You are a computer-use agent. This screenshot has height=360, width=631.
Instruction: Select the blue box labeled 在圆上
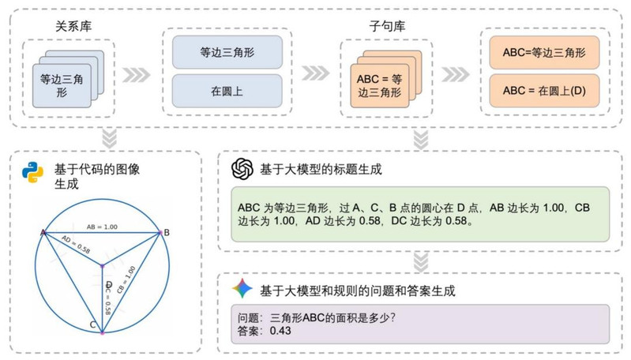(x=227, y=92)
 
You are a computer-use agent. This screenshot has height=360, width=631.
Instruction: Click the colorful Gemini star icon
(x=242, y=291)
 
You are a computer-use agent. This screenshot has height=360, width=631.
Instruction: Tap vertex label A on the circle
(x=43, y=231)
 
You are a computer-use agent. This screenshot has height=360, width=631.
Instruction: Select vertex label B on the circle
(x=166, y=232)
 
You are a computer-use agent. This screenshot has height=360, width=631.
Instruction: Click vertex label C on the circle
(x=93, y=324)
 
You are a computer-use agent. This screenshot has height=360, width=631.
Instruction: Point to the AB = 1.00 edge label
(x=103, y=226)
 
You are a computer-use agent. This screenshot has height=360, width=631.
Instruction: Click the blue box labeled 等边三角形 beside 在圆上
(x=227, y=54)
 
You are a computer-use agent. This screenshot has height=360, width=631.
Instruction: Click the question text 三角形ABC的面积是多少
(x=329, y=317)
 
